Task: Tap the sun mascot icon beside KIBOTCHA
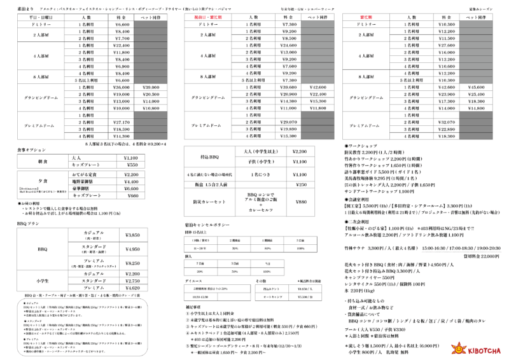coord(457,348)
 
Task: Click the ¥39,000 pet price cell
coord(151,87)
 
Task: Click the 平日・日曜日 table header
coord(28,18)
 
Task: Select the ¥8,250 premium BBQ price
coord(130,263)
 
